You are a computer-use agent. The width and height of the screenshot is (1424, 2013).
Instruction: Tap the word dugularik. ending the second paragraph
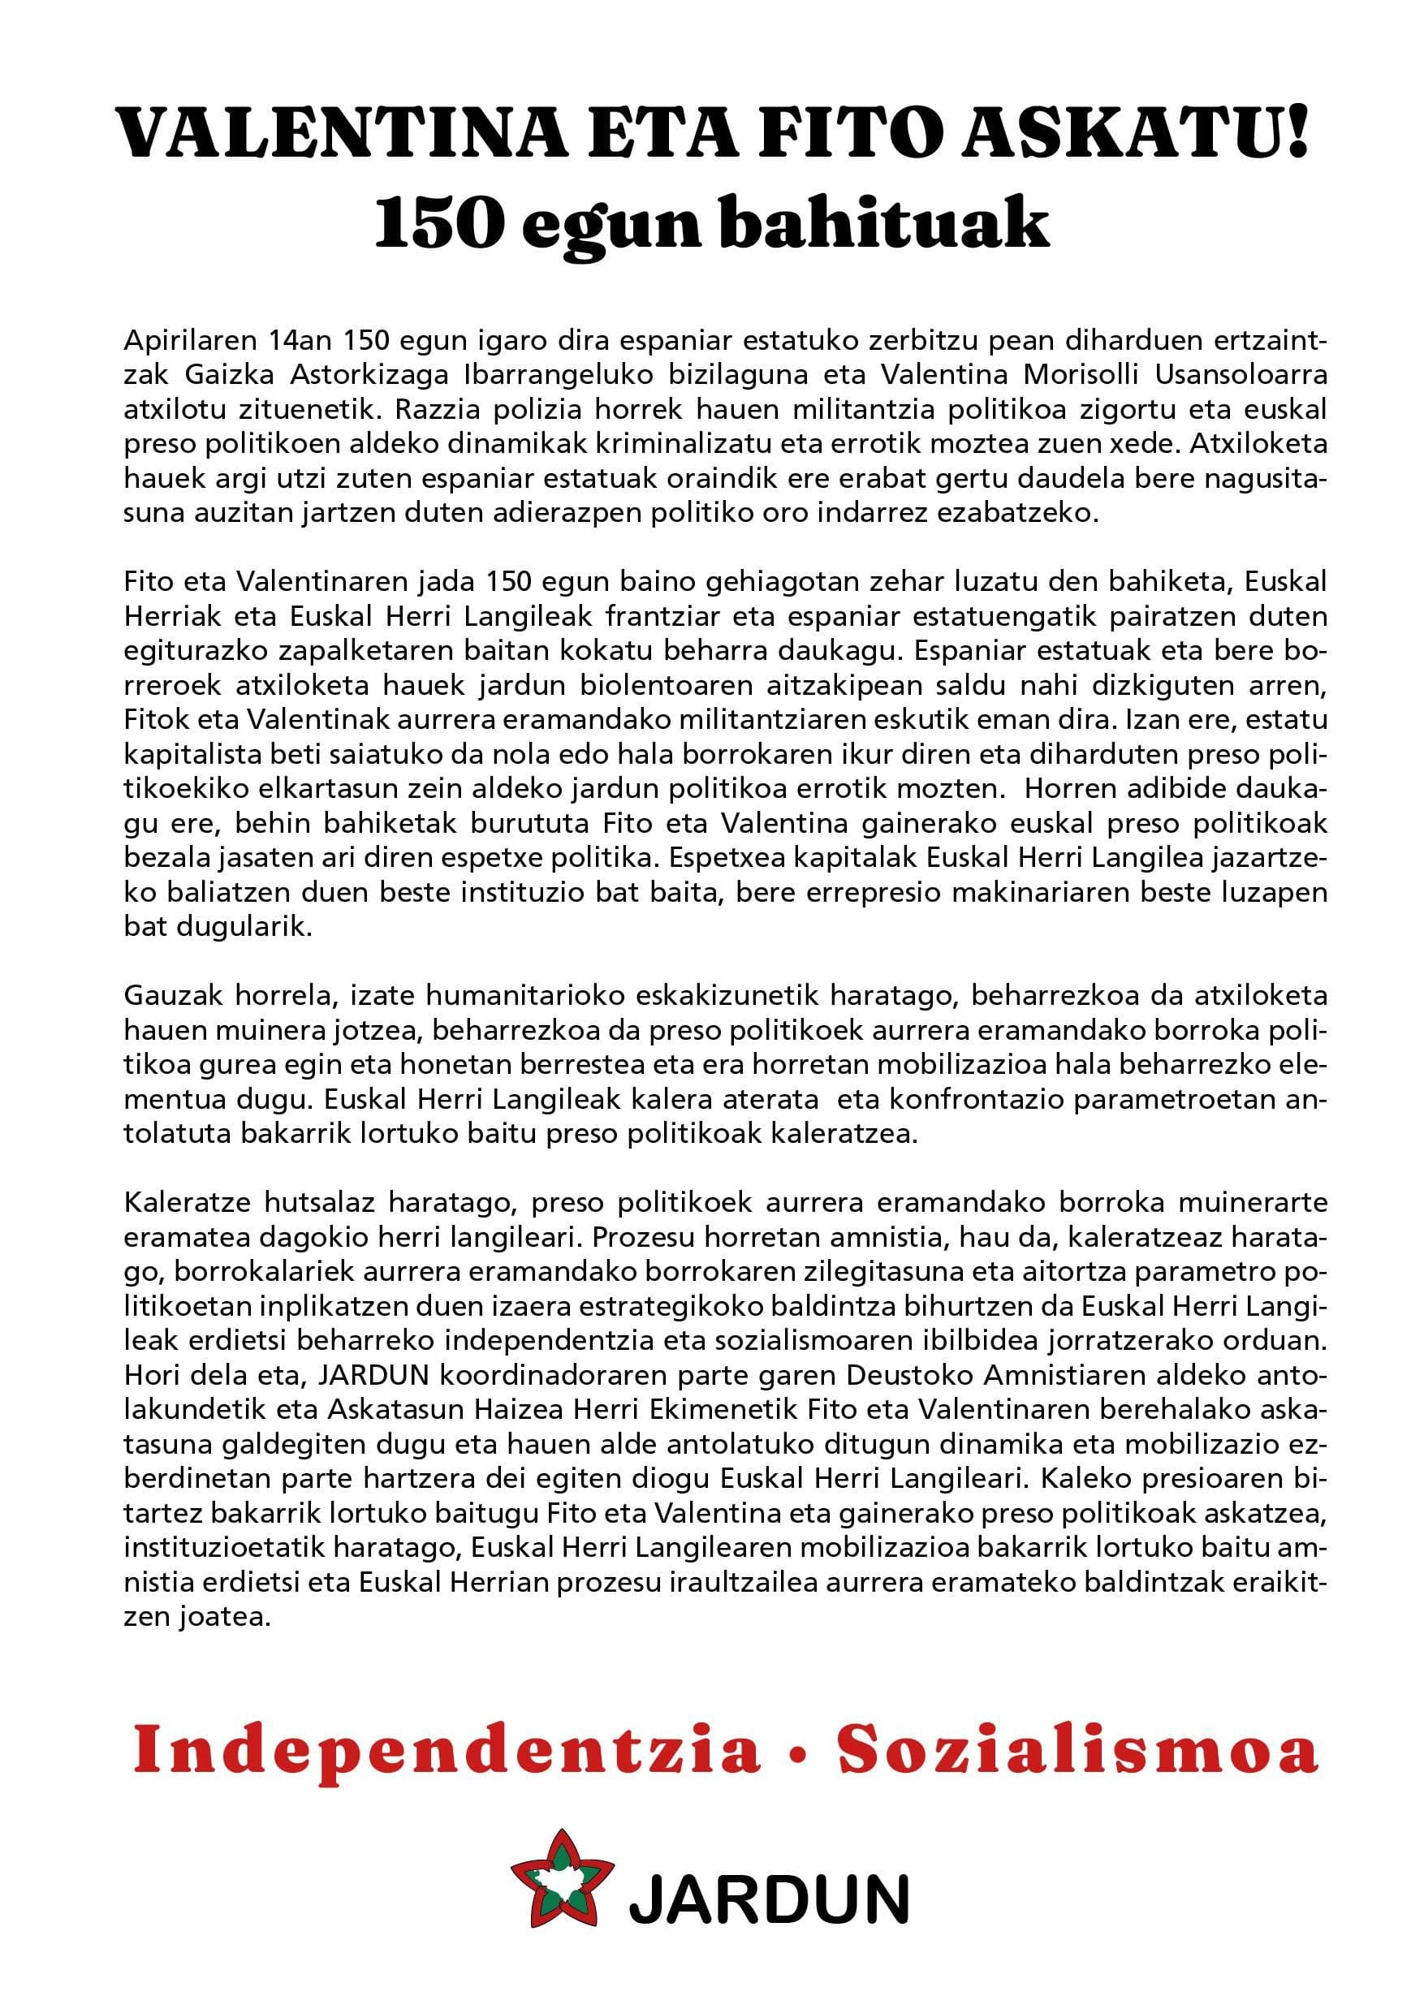(x=218, y=929)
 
